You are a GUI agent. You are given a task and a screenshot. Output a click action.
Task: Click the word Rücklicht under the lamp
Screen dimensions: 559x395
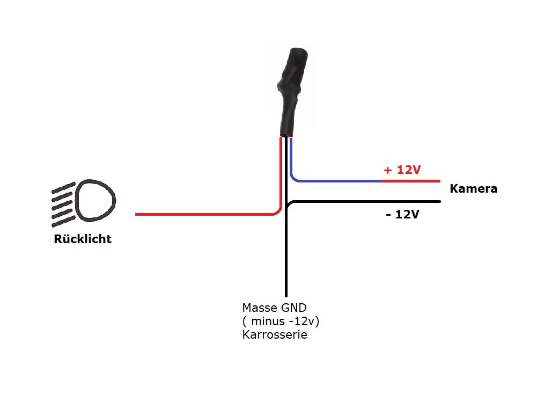[x=83, y=239]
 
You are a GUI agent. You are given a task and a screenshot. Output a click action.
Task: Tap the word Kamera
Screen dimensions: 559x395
[x=474, y=188]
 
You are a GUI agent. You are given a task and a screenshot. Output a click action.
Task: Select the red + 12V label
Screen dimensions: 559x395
[x=402, y=170]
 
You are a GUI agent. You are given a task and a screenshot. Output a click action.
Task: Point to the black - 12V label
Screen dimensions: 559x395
[x=402, y=214]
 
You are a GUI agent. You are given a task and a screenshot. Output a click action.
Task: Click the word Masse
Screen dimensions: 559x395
[x=260, y=308]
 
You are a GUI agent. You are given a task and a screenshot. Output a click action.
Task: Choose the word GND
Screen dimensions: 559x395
[x=294, y=308]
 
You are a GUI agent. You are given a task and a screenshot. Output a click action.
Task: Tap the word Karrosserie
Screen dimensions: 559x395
[x=275, y=335]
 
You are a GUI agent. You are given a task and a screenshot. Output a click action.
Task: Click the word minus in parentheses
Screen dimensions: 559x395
[x=268, y=321]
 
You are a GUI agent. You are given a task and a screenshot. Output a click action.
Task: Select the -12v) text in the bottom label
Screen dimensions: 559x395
[x=304, y=321]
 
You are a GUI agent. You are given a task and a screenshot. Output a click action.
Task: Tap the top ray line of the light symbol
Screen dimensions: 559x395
[x=63, y=187]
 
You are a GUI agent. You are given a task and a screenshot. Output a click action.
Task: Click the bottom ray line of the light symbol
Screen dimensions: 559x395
[x=63, y=222]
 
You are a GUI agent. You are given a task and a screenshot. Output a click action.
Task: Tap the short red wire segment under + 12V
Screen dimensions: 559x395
[x=410, y=181]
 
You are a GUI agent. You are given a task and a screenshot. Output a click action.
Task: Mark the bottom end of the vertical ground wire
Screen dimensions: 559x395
[x=286, y=296]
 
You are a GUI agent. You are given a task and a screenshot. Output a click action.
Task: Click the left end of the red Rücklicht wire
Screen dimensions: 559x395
[x=136, y=214]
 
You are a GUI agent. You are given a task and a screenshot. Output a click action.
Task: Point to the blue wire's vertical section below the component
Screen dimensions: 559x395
[x=291, y=156]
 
